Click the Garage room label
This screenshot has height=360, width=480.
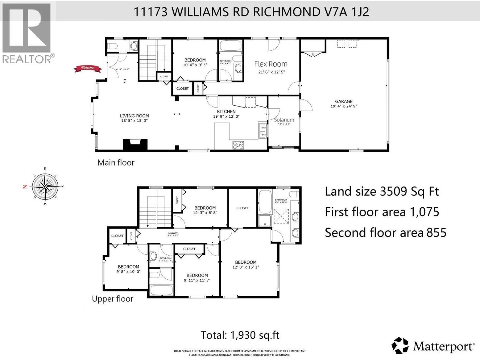pos(344,102)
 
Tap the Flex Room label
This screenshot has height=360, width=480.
pos(271,64)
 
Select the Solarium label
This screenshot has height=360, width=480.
pos(284,120)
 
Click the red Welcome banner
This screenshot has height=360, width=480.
pos(88,68)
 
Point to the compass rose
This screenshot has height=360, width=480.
pos(45,187)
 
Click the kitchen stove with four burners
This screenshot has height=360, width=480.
pos(238,145)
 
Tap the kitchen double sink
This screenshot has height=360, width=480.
pos(262,131)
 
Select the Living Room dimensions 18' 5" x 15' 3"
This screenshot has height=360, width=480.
pos(134,121)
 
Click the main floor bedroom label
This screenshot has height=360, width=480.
pos(195,60)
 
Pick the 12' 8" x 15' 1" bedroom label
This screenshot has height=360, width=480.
pos(246,265)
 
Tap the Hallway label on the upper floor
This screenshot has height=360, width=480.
pos(172,233)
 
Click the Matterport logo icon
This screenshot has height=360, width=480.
pos(400,346)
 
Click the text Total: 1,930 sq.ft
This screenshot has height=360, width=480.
pos(240,335)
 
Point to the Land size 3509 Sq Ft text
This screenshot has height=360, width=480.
pos(382,191)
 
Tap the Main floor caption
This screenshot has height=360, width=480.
pos(116,163)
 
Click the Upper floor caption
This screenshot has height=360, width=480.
pos(112,299)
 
